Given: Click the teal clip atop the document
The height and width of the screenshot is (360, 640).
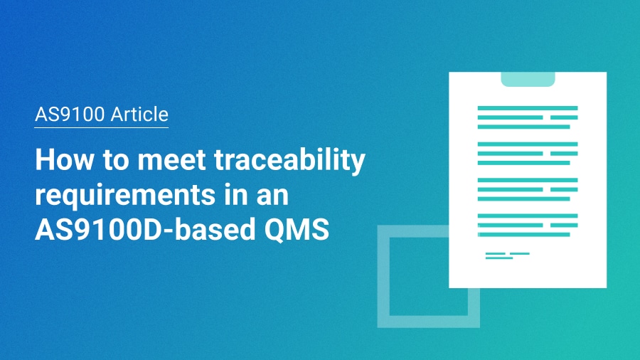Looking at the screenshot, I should (528, 79).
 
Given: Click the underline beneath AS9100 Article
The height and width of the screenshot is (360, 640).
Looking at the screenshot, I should (102, 127).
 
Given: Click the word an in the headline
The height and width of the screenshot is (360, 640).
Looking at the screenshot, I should (289, 196).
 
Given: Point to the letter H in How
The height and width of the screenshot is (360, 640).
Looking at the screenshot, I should (45, 161).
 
